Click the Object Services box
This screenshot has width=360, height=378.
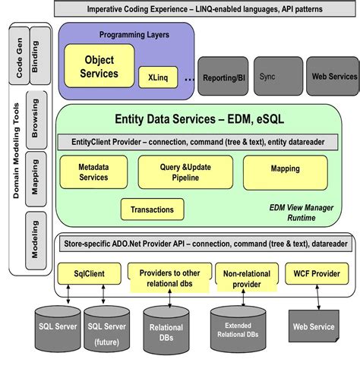99,66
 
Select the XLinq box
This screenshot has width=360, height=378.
156,77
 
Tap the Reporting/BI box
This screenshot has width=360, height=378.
223,77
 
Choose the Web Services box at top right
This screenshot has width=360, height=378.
333,77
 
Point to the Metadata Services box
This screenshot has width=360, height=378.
93,172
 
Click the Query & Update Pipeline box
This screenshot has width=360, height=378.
179,172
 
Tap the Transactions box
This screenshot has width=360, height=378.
152,209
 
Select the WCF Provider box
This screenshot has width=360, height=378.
317,272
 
